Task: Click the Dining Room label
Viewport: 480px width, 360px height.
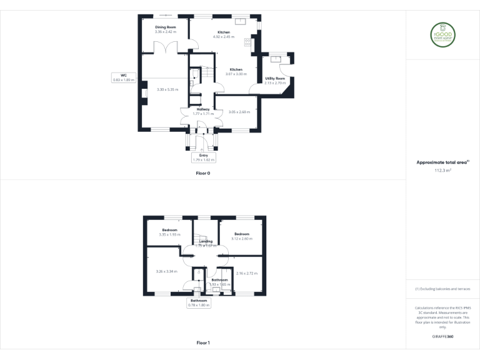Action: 166,27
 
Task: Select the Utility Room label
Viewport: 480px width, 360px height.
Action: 275,78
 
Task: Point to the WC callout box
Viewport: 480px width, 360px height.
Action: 124,77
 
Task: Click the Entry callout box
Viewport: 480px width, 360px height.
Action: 204,157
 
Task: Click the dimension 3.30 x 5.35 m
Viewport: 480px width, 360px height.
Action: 167,89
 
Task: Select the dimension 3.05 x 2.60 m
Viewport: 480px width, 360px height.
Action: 239,112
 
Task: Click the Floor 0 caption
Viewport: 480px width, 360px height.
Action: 203,172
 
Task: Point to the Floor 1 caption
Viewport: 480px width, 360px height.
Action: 203,342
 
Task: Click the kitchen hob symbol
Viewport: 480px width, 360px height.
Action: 247,42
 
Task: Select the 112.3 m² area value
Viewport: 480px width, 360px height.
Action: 442,169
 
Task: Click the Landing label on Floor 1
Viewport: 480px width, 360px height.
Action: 206,241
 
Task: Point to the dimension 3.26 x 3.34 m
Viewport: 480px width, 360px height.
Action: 166,271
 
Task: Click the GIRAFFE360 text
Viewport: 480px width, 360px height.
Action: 442,336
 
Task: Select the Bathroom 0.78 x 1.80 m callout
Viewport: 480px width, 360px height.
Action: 200,302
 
